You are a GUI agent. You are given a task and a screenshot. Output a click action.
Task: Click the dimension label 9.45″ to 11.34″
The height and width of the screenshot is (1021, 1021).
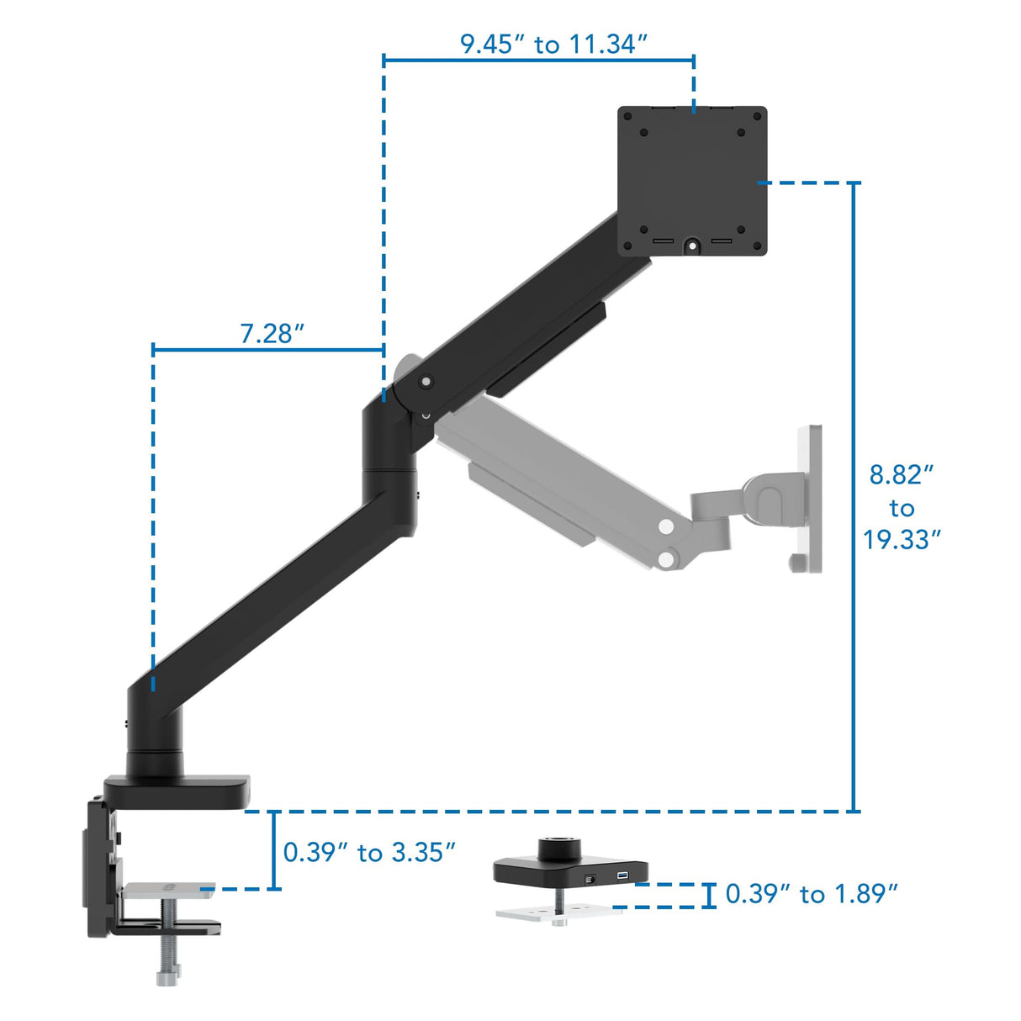coord(553,44)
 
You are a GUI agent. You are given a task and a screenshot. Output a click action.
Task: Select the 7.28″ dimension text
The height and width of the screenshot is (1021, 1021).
coord(272,334)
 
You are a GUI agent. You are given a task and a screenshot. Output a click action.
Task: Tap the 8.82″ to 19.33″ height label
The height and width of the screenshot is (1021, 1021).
coord(901,507)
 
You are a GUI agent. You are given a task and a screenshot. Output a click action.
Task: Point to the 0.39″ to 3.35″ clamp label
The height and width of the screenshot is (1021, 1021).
coord(369,852)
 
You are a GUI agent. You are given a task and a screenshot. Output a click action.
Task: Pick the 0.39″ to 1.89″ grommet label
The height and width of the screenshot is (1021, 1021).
coord(812,893)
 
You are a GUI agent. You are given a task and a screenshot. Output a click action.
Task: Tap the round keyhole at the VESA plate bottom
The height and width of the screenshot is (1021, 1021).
coord(692,245)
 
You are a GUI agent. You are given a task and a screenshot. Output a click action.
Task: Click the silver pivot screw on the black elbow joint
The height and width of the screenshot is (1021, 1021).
coord(426,382)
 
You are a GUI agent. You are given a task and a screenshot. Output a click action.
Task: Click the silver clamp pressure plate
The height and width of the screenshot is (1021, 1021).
coord(167,891)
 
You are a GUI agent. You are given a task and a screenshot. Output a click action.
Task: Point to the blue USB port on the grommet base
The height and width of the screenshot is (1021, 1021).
coord(622,877)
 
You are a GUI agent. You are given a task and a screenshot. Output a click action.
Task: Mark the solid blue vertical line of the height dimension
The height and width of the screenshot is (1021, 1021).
coord(854,496)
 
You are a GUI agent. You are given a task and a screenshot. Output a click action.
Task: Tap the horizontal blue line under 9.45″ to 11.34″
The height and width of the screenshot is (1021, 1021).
coord(538,60)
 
